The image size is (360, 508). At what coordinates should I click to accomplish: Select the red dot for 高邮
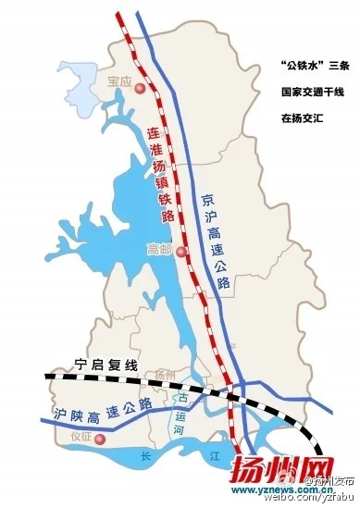click(181, 251)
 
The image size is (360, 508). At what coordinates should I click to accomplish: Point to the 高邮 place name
click(159, 249)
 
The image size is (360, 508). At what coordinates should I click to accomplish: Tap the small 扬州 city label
click(166, 374)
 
